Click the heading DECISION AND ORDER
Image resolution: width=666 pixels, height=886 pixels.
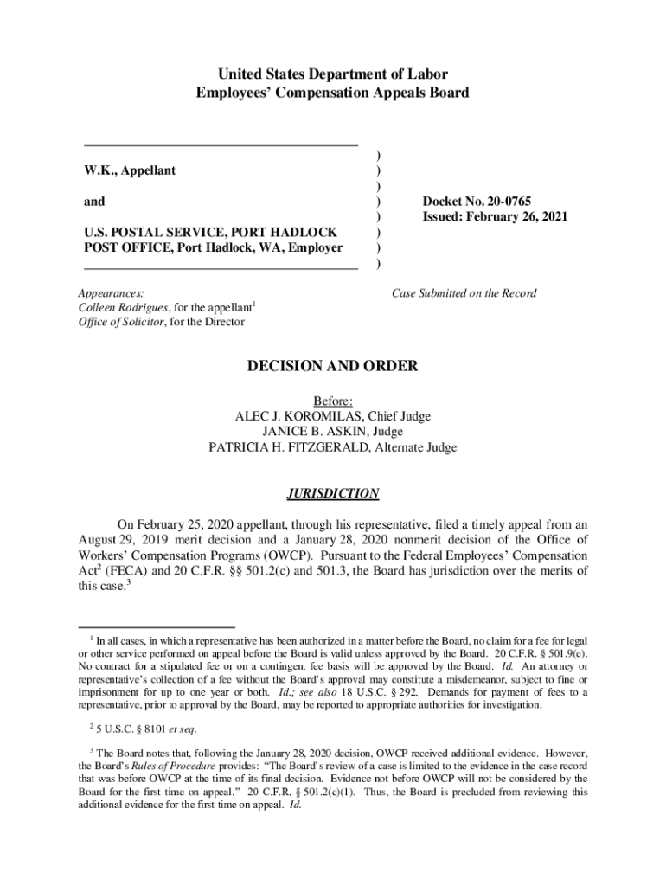coord(333,367)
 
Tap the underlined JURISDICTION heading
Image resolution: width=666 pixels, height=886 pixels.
coord(333,493)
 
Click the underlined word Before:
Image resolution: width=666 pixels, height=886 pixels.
coord(333,401)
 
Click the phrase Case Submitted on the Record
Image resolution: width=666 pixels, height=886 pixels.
coord(464,293)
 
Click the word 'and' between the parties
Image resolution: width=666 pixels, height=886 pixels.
coord(93,202)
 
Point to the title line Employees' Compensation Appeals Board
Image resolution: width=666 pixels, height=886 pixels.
coord(333,93)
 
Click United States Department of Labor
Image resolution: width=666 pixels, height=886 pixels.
coord(333,74)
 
